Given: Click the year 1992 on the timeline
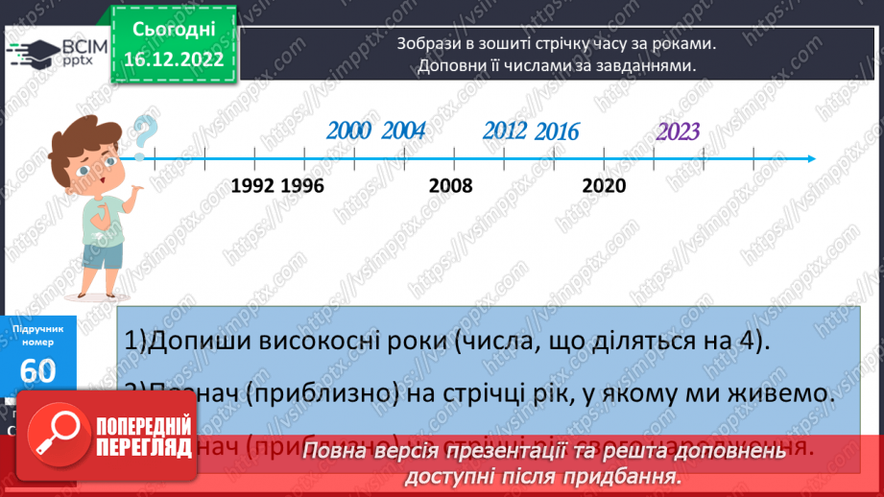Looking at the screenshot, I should pos(253,185).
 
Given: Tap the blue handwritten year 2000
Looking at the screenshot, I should pos(348,131).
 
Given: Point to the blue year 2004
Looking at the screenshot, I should pos(403,131).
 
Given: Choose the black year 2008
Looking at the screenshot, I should pos(451,185).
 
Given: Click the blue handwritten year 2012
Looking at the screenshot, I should pos(505,131).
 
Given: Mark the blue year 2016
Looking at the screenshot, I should pos(557,132).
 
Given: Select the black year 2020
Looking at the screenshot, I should pos(604,185).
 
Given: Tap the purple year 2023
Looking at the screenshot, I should pos(678,132).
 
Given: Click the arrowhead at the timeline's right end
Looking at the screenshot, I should pos(811,158).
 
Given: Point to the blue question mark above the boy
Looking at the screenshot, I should pos(143,134).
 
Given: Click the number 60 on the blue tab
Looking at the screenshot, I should pos(37,370).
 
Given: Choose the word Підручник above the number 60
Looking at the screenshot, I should pos(37,329).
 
